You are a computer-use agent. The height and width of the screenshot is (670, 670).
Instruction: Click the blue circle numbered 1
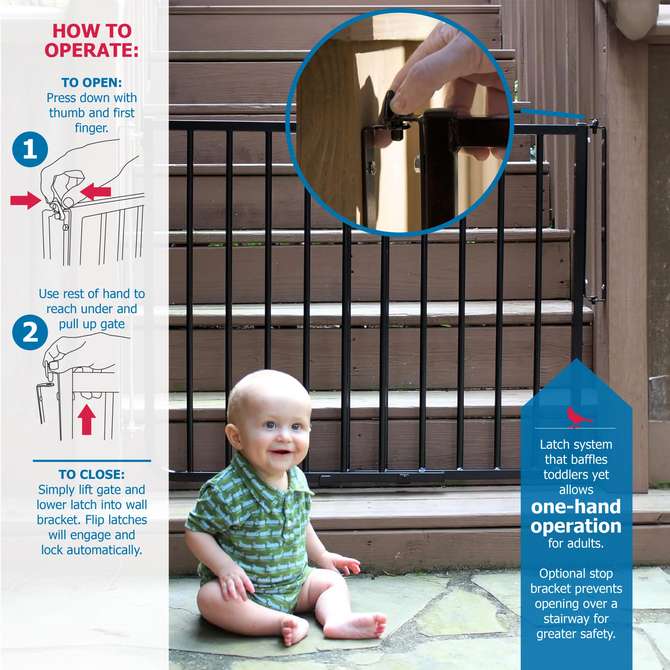tap(30, 149)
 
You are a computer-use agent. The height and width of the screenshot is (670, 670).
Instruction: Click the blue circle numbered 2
tap(30, 332)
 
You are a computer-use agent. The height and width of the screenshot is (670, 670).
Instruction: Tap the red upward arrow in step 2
tap(86, 419)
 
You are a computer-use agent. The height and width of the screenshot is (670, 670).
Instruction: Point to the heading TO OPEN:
tap(92, 82)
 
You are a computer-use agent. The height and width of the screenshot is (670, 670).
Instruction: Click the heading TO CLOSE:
tap(92, 474)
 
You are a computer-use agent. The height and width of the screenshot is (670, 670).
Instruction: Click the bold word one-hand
tap(576, 507)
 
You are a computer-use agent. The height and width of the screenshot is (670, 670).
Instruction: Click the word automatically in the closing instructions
tap(104, 550)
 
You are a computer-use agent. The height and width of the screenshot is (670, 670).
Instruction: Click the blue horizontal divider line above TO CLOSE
tap(92, 461)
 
